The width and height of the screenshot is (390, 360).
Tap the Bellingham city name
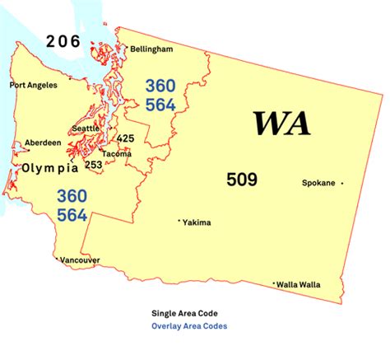click(150, 49)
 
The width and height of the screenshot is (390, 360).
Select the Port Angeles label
click(33, 85)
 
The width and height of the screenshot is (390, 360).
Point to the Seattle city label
click(86, 129)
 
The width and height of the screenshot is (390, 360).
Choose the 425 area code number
click(126, 138)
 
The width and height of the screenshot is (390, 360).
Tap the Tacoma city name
click(116, 153)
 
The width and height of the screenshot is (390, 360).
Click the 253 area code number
click(94, 165)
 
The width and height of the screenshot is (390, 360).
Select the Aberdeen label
click(42, 143)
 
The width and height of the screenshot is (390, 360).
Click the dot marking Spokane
click(342, 183)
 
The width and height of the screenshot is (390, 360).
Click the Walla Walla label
click(299, 284)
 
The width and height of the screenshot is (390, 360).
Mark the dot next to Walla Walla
click(274, 284)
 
